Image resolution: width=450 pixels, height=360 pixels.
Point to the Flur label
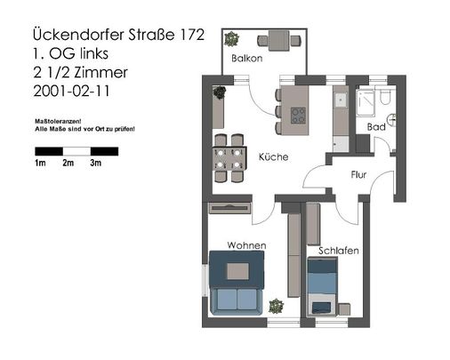coord(359,174)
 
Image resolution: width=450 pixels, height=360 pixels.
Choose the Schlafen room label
coord(338,251)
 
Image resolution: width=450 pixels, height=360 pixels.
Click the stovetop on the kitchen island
coord(298,115)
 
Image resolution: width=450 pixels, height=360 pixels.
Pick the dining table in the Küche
coord(228,157)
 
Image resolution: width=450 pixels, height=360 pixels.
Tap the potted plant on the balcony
coord(232,39)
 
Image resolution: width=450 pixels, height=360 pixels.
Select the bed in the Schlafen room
coord(322,286)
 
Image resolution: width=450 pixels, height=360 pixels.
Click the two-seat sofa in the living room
coord(236,300)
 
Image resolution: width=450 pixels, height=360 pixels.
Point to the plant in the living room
coord(277,307)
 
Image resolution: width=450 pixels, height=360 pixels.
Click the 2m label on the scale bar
coord(68,164)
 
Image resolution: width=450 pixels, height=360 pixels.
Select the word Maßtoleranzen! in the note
coord(57,120)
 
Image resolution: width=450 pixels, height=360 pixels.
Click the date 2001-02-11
coord(69,91)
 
